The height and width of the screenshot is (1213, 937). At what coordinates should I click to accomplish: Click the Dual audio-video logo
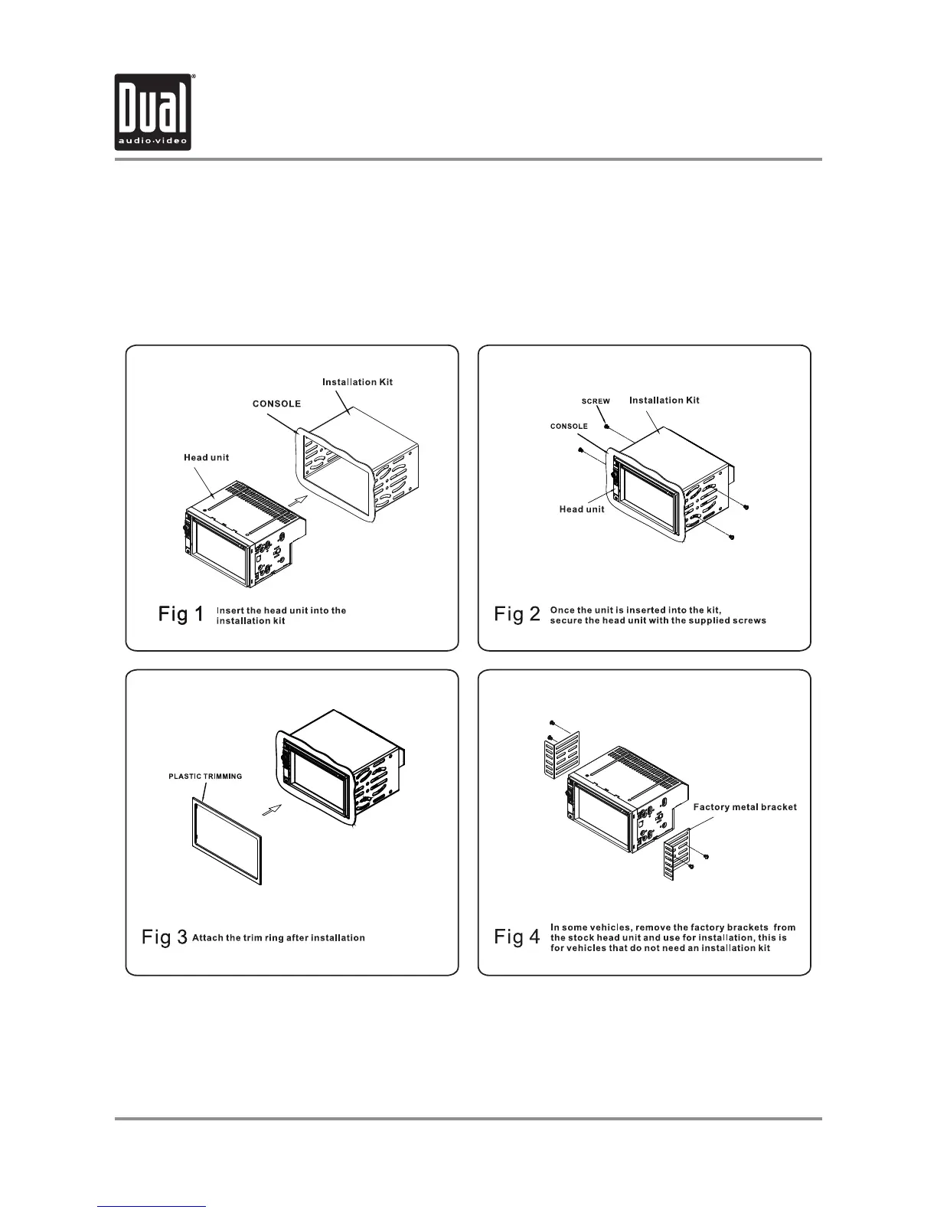pyautogui.click(x=153, y=112)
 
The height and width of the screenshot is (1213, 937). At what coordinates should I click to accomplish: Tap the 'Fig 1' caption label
pyautogui.click(x=181, y=614)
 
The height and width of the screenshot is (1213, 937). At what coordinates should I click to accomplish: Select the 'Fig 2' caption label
pyautogui.click(x=517, y=614)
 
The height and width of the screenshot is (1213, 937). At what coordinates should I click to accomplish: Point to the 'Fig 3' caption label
pyautogui.click(x=165, y=937)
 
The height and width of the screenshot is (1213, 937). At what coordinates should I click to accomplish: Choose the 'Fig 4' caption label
pyautogui.click(x=517, y=937)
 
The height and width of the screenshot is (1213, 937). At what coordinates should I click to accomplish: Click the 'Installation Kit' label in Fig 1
pyautogui.click(x=357, y=382)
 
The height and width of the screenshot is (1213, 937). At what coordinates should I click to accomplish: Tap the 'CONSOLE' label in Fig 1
pyautogui.click(x=276, y=404)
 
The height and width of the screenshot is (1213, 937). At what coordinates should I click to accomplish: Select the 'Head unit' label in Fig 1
pyautogui.click(x=206, y=458)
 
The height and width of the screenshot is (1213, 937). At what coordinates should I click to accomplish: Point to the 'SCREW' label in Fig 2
pyautogui.click(x=596, y=401)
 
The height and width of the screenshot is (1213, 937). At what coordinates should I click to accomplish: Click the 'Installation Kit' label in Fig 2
pyautogui.click(x=664, y=400)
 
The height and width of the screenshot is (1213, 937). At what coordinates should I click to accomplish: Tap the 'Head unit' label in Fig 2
pyautogui.click(x=582, y=509)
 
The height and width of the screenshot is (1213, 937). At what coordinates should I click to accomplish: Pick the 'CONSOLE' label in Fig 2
pyautogui.click(x=569, y=427)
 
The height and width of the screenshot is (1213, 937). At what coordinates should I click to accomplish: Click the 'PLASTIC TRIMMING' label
pyautogui.click(x=205, y=777)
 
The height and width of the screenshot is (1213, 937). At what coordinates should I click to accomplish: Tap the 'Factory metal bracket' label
pyautogui.click(x=745, y=807)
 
